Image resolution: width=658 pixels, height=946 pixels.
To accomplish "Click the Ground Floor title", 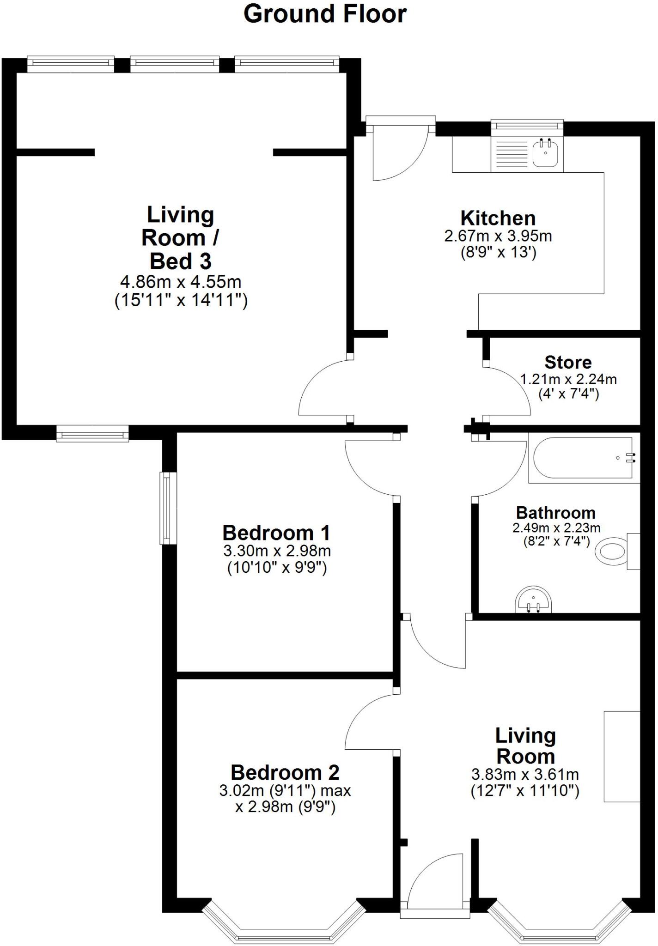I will point(325,14).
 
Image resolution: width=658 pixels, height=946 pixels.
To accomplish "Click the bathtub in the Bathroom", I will point(583,458).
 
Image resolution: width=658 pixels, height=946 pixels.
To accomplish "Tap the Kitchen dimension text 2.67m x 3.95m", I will point(498,236).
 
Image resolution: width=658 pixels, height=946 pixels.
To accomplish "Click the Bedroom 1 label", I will point(276,533).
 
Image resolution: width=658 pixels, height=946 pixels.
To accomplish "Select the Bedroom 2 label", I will point(285,772).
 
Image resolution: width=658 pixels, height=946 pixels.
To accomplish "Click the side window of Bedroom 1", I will point(166,508).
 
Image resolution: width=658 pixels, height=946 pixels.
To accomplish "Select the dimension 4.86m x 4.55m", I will point(181,281).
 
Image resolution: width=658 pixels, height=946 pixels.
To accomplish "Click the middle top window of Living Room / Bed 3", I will point(175,63).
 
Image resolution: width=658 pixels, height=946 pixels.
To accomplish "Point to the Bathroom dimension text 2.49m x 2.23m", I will point(556,528).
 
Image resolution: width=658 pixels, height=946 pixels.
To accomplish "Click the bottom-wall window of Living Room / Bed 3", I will point(92,434).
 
